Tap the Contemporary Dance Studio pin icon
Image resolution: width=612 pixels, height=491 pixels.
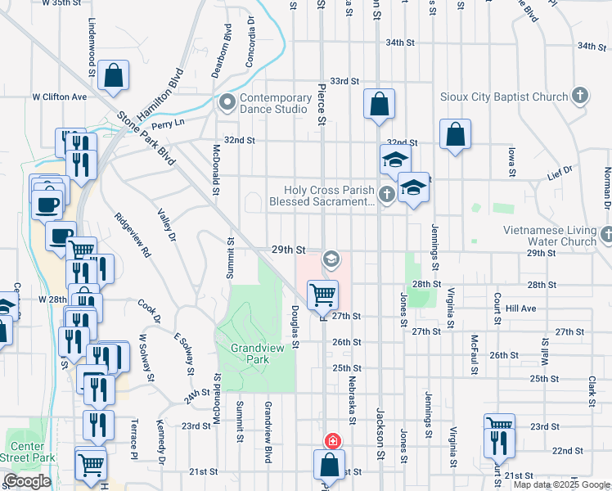point(226,103)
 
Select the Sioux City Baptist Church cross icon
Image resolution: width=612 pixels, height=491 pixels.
point(580,97)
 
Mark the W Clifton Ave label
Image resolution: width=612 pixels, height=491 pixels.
point(59,97)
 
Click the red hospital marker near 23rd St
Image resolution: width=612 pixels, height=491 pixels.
point(332,441)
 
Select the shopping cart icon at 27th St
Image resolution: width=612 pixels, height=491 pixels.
point(322,294)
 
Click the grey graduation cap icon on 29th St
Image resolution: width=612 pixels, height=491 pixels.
point(331,259)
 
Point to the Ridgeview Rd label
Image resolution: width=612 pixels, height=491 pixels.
point(133,236)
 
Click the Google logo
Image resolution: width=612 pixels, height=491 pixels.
point(27,481)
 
